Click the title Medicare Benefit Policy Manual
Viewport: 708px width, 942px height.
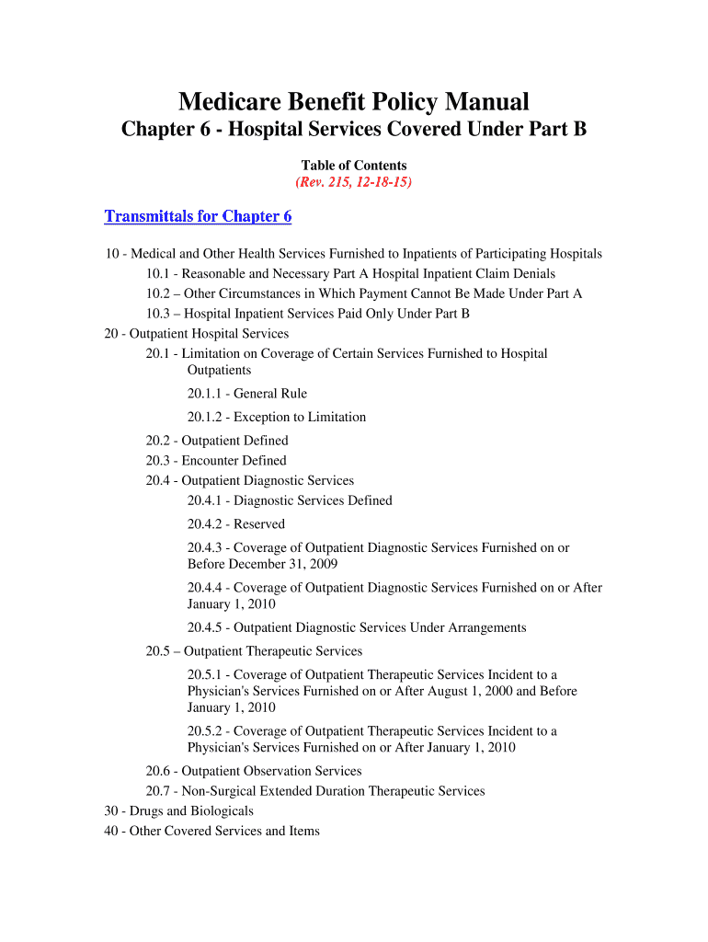(x=354, y=100)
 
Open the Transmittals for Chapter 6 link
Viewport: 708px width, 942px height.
(x=198, y=216)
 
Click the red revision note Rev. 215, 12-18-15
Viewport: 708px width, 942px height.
(x=354, y=182)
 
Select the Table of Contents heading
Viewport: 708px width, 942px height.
(x=354, y=166)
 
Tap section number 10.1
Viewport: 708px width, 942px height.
(x=158, y=273)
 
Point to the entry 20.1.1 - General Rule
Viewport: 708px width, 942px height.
(x=247, y=394)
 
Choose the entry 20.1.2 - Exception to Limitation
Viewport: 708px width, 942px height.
(x=277, y=417)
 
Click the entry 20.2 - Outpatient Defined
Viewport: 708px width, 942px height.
(x=217, y=441)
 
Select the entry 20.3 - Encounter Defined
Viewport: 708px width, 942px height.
(x=216, y=460)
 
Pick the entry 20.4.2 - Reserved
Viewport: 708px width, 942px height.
(x=236, y=524)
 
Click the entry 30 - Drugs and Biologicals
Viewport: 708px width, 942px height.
(x=179, y=810)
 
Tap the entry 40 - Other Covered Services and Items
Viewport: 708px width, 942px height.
(x=212, y=831)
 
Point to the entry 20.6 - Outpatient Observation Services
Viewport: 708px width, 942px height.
(x=254, y=771)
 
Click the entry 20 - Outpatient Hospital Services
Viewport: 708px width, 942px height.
(x=197, y=334)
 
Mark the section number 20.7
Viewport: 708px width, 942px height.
(x=158, y=791)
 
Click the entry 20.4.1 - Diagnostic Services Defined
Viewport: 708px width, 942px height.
(x=290, y=500)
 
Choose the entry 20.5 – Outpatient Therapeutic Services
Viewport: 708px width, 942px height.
(x=254, y=650)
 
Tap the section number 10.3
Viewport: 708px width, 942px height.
(x=158, y=314)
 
